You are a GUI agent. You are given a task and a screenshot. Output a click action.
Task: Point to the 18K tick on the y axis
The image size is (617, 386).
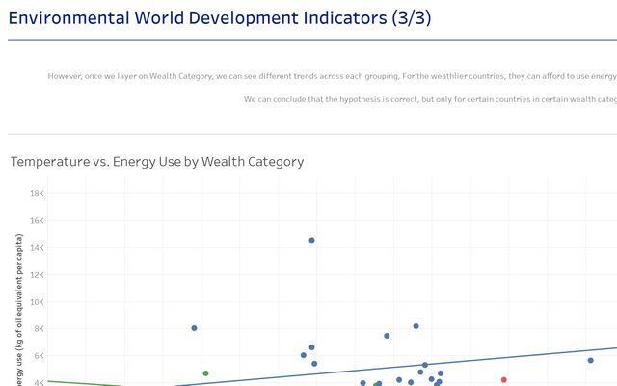[x=37, y=193]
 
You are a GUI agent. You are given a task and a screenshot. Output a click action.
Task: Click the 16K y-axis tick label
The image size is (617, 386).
[x=37, y=220]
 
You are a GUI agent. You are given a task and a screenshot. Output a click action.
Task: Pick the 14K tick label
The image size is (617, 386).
[x=37, y=247]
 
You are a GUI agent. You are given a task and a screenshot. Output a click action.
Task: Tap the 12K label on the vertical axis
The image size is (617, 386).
[x=37, y=274]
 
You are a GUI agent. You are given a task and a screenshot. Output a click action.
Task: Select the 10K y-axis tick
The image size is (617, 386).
[x=37, y=301]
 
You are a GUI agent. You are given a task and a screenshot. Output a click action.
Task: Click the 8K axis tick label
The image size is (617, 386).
[x=39, y=328]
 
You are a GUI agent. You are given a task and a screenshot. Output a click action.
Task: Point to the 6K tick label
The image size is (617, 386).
[x=39, y=355]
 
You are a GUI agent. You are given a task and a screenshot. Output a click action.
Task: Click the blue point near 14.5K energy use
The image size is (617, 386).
[x=311, y=240]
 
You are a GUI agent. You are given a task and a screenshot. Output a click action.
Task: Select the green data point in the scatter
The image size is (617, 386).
[x=205, y=372]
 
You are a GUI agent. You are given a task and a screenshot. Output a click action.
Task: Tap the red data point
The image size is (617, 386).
[x=503, y=379]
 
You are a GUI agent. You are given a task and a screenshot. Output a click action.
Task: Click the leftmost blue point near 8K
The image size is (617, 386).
[x=194, y=328]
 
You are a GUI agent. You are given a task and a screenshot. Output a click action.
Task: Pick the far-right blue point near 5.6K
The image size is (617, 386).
[x=590, y=360]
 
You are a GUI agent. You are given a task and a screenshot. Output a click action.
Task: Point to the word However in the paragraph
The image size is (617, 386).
[x=67, y=76]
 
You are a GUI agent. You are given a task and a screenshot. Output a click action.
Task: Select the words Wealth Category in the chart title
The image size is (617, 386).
[x=259, y=162]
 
